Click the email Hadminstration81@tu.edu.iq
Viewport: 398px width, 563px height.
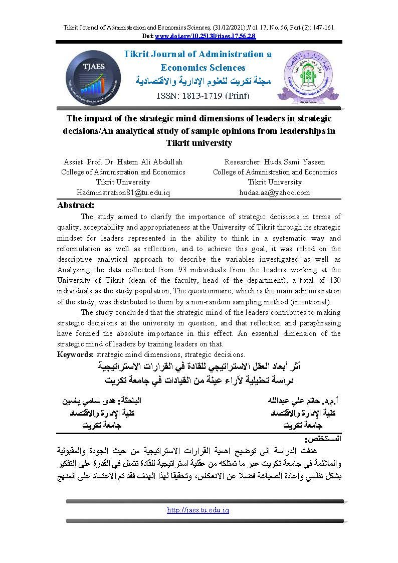coord(123,193)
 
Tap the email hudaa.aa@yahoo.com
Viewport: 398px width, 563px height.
coord(275,193)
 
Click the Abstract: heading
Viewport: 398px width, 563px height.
coord(76,205)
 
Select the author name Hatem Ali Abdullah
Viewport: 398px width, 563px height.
coord(151,162)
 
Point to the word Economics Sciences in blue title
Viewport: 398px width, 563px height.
coord(203,67)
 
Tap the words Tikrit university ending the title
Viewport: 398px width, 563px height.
coord(199,143)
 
